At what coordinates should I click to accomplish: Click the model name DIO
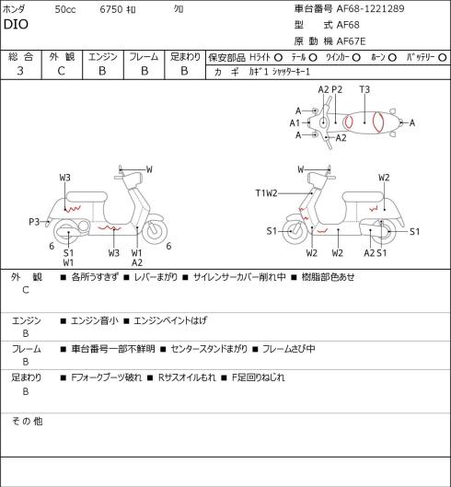coord(16,25)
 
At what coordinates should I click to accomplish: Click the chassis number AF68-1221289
coord(371,8)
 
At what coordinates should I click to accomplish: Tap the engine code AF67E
coord(352,41)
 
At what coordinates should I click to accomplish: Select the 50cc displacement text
coord(65,9)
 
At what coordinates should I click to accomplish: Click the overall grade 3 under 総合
coord(20,71)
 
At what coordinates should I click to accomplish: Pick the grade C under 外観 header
coord(61,71)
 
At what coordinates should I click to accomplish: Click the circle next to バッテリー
coord(443,58)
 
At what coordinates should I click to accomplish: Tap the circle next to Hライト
coord(278,58)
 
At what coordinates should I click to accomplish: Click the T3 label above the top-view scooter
coord(364,89)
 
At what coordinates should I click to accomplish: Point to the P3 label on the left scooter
coord(34,222)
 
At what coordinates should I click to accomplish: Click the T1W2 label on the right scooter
coord(266,193)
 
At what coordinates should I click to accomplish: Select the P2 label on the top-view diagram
coord(337,89)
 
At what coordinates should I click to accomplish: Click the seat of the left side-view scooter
coord(87,197)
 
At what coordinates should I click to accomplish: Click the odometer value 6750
coord(111,9)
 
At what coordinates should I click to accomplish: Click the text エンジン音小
coord(95,320)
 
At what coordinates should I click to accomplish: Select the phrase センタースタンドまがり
coord(209,349)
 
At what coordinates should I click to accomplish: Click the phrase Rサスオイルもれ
coord(187,377)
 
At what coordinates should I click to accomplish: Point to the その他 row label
coord(27,422)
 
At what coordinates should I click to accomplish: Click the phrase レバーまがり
coord(156,277)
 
